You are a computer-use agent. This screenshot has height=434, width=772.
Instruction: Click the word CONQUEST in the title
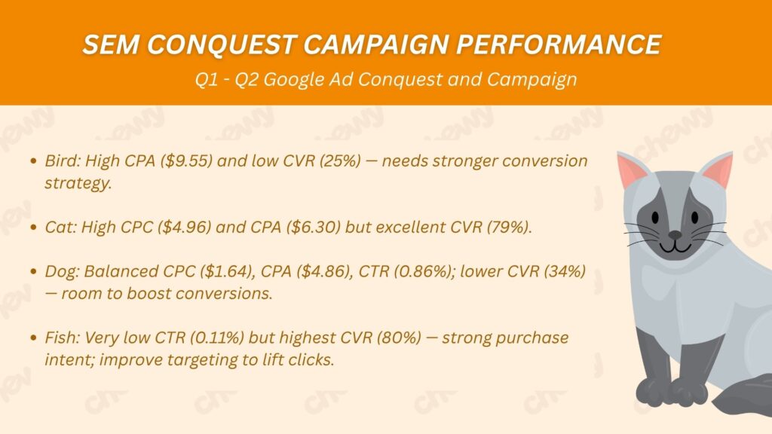[x=222, y=44]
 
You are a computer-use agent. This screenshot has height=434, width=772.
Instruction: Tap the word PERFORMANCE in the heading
[x=559, y=44]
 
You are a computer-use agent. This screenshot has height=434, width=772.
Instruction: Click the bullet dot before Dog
[x=33, y=271]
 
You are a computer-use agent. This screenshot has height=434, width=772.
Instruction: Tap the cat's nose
[x=675, y=236]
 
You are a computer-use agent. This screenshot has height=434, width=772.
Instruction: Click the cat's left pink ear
[x=631, y=170]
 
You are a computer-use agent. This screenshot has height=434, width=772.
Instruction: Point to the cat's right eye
[x=694, y=217]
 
